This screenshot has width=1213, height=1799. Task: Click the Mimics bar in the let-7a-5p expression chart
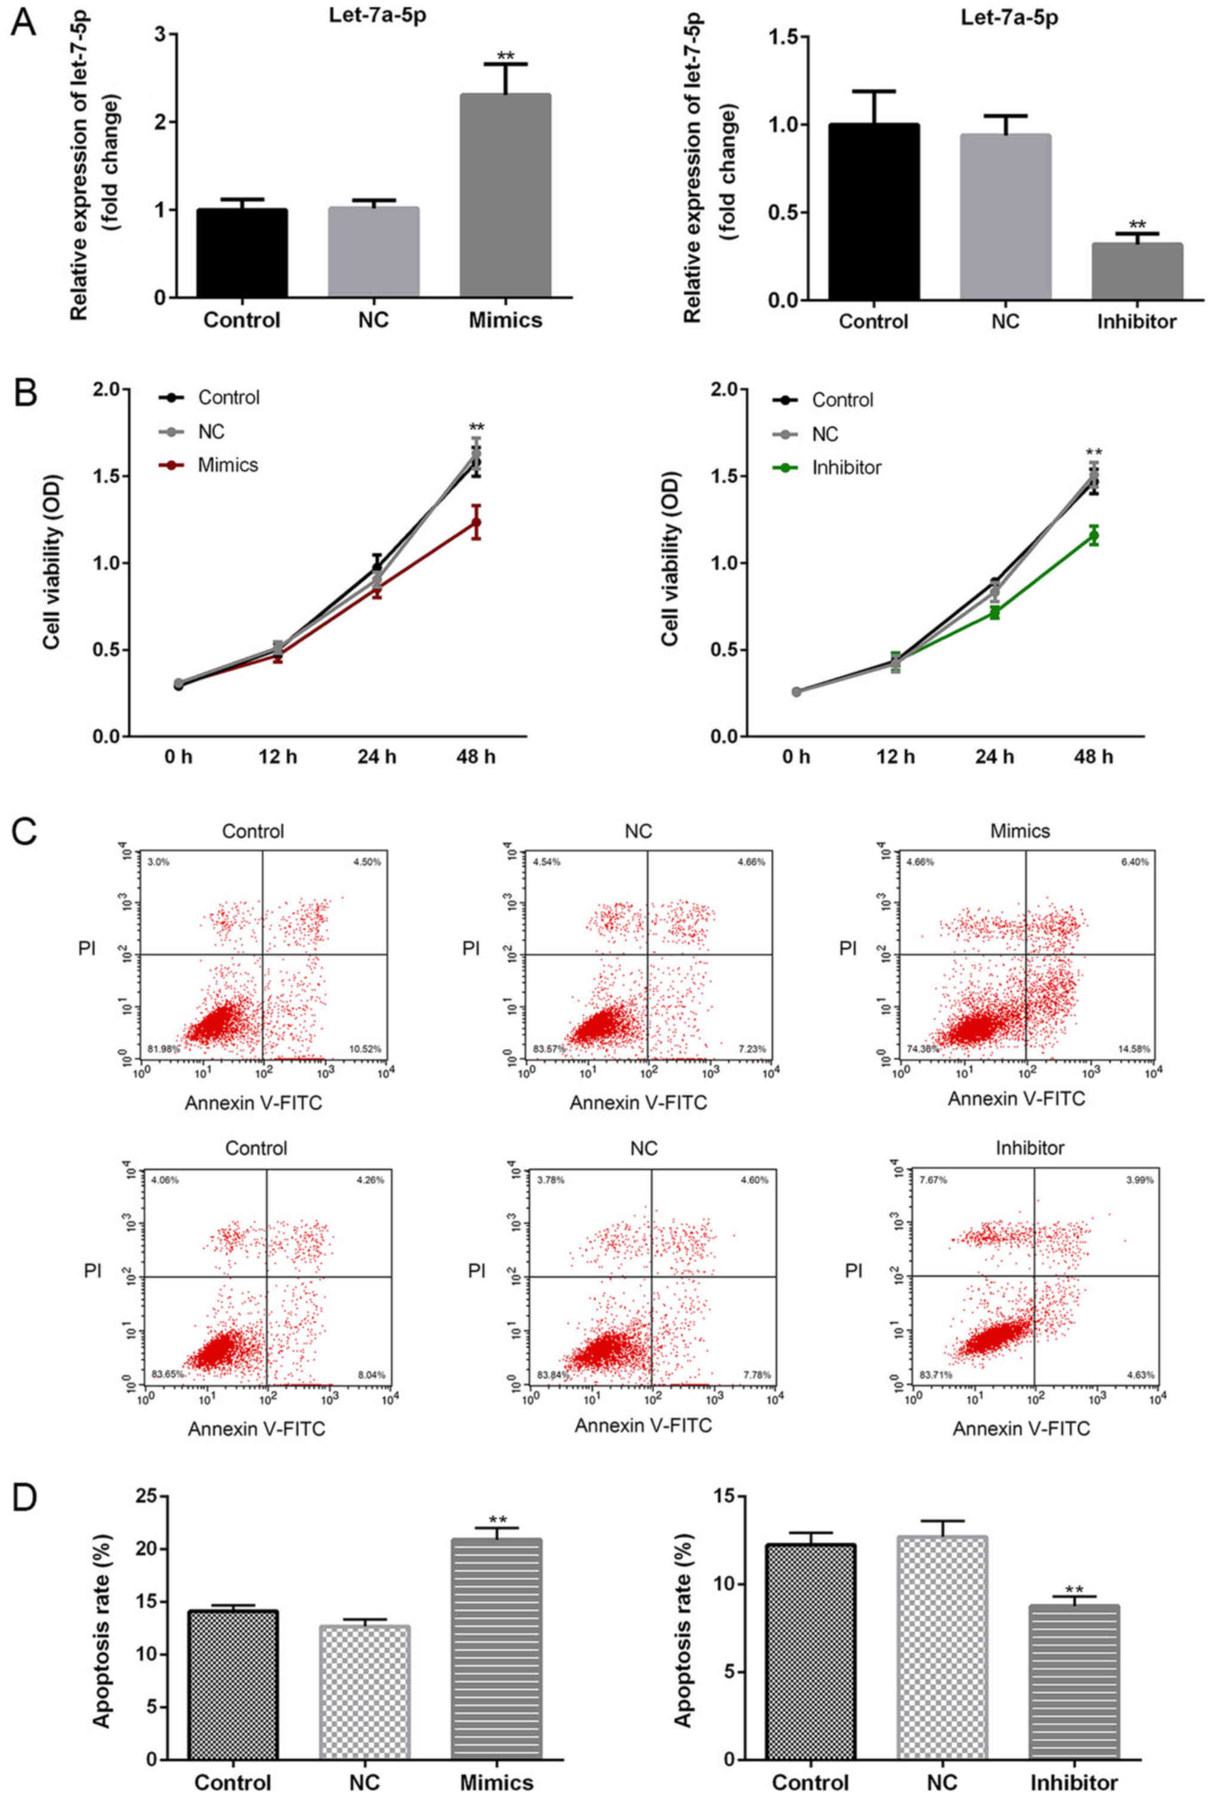[x=505, y=195]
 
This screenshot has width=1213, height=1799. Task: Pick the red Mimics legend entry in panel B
[x=228, y=465]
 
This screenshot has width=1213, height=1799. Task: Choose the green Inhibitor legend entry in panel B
[x=846, y=467]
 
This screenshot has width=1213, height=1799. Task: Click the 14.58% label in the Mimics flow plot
[x=1134, y=1049]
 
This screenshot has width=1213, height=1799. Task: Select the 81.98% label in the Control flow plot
[x=161, y=1049]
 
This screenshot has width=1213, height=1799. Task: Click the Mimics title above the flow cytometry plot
[x=1020, y=831]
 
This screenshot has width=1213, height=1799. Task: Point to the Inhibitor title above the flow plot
[x=1030, y=1148]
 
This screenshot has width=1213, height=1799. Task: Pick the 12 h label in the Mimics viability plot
[x=277, y=756]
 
